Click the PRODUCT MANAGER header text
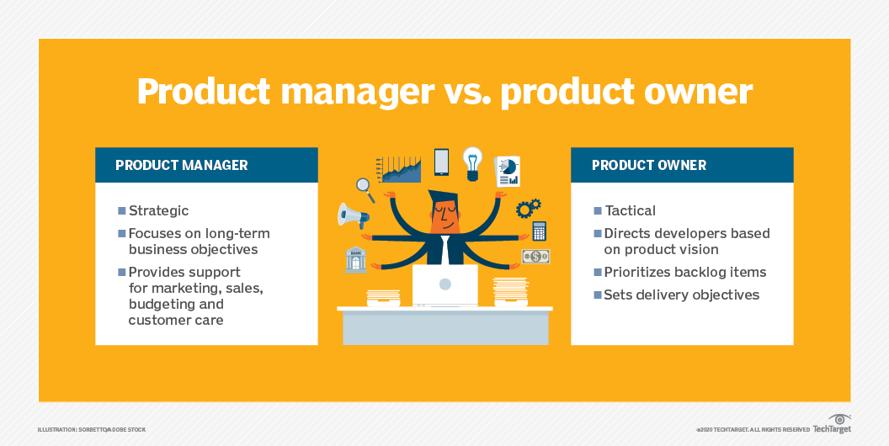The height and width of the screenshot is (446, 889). pos(182,166)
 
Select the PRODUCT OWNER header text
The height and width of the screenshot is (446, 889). pos(649,166)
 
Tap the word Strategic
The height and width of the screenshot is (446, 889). pos(159,211)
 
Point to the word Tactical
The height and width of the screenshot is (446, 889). pos(630,211)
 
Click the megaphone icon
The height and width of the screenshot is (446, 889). pos(353,216)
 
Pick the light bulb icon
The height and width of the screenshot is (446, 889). pos(472,163)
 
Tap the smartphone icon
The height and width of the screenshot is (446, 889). pos(441,162)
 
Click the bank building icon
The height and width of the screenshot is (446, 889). pos(355,259)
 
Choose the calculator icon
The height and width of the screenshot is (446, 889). pos(539,231)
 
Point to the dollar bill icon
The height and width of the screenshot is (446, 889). pos(535,257)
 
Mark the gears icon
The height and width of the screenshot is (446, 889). pos(528,208)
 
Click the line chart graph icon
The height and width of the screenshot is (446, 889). pos(398,169)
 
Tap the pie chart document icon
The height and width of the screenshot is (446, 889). pos(508,171)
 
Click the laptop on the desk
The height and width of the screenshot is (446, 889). pos(445,285)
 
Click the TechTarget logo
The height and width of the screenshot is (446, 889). pos(833,424)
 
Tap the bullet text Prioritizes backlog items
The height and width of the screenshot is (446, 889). pos(685,272)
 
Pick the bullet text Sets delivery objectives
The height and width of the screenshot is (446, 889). pos(682,295)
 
